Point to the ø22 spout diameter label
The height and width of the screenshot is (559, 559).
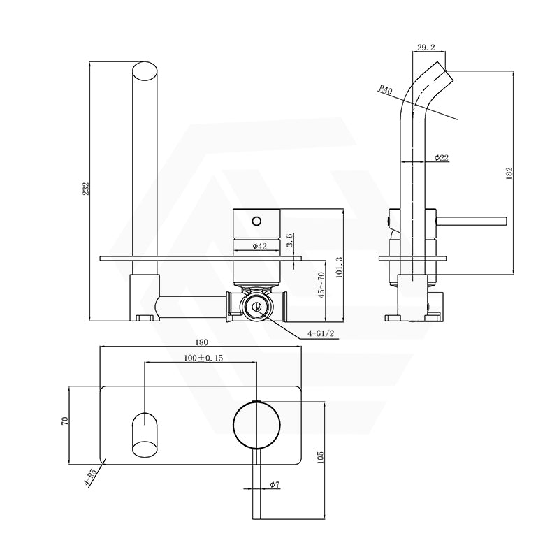click(441, 158)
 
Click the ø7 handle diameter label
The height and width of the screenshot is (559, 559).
click(274, 485)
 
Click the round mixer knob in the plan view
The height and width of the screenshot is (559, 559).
click(257, 425)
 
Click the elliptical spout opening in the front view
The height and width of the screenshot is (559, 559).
click(145, 73)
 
